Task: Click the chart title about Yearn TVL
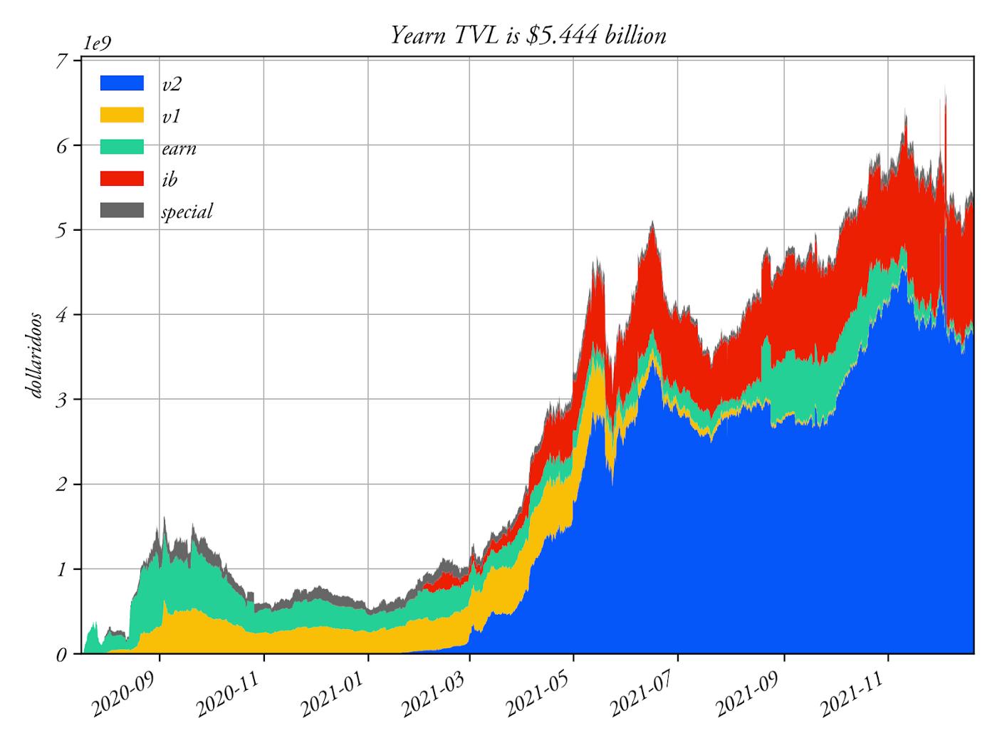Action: coord(528,35)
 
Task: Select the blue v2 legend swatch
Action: coord(122,83)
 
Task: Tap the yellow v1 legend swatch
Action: coord(122,115)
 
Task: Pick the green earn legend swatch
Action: coord(122,147)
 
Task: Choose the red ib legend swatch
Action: coord(122,178)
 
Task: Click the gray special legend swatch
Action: coord(122,210)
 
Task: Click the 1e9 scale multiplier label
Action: coord(97,43)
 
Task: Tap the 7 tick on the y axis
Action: coord(62,61)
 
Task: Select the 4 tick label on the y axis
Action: coord(62,315)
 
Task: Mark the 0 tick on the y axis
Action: coord(62,654)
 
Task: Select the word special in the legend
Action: coord(187,212)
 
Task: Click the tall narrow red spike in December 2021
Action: coord(944,142)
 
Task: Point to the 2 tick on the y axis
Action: coord(62,484)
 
